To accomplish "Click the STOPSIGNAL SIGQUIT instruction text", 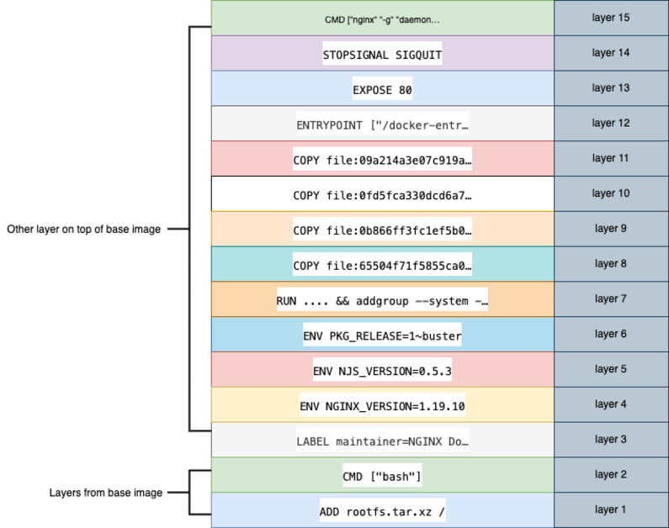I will click(x=382, y=55).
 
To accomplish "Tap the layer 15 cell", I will click(x=610, y=18).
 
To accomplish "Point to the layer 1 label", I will click(x=610, y=510).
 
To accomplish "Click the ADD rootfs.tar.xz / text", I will click(x=382, y=511).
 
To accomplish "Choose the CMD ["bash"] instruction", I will click(x=382, y=477).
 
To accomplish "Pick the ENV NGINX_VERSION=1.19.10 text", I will click(x=382, y=406).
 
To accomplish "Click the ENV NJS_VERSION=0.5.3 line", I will click(x=382, y=371).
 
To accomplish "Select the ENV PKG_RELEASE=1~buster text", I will click(x=382, y=335).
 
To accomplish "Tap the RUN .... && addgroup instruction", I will click(x=382, y=300).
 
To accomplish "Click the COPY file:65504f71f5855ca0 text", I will click(x=382, y=266).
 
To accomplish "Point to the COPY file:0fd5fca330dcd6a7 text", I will click(x=382, y=195).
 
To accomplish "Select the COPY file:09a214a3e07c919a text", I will click(x=382, y=160).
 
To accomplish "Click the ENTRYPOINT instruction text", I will click(x=382, y=124).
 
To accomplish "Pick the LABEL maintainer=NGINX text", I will click(x=382, y=441).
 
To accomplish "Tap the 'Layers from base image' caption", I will click(x=104, y=493).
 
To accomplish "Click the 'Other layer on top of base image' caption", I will click(x=83, y=229).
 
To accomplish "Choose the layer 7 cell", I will click(x=610, y=298).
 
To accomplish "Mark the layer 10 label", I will click(x=610, y=193).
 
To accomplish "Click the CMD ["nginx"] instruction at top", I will click(x=382, y=19).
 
